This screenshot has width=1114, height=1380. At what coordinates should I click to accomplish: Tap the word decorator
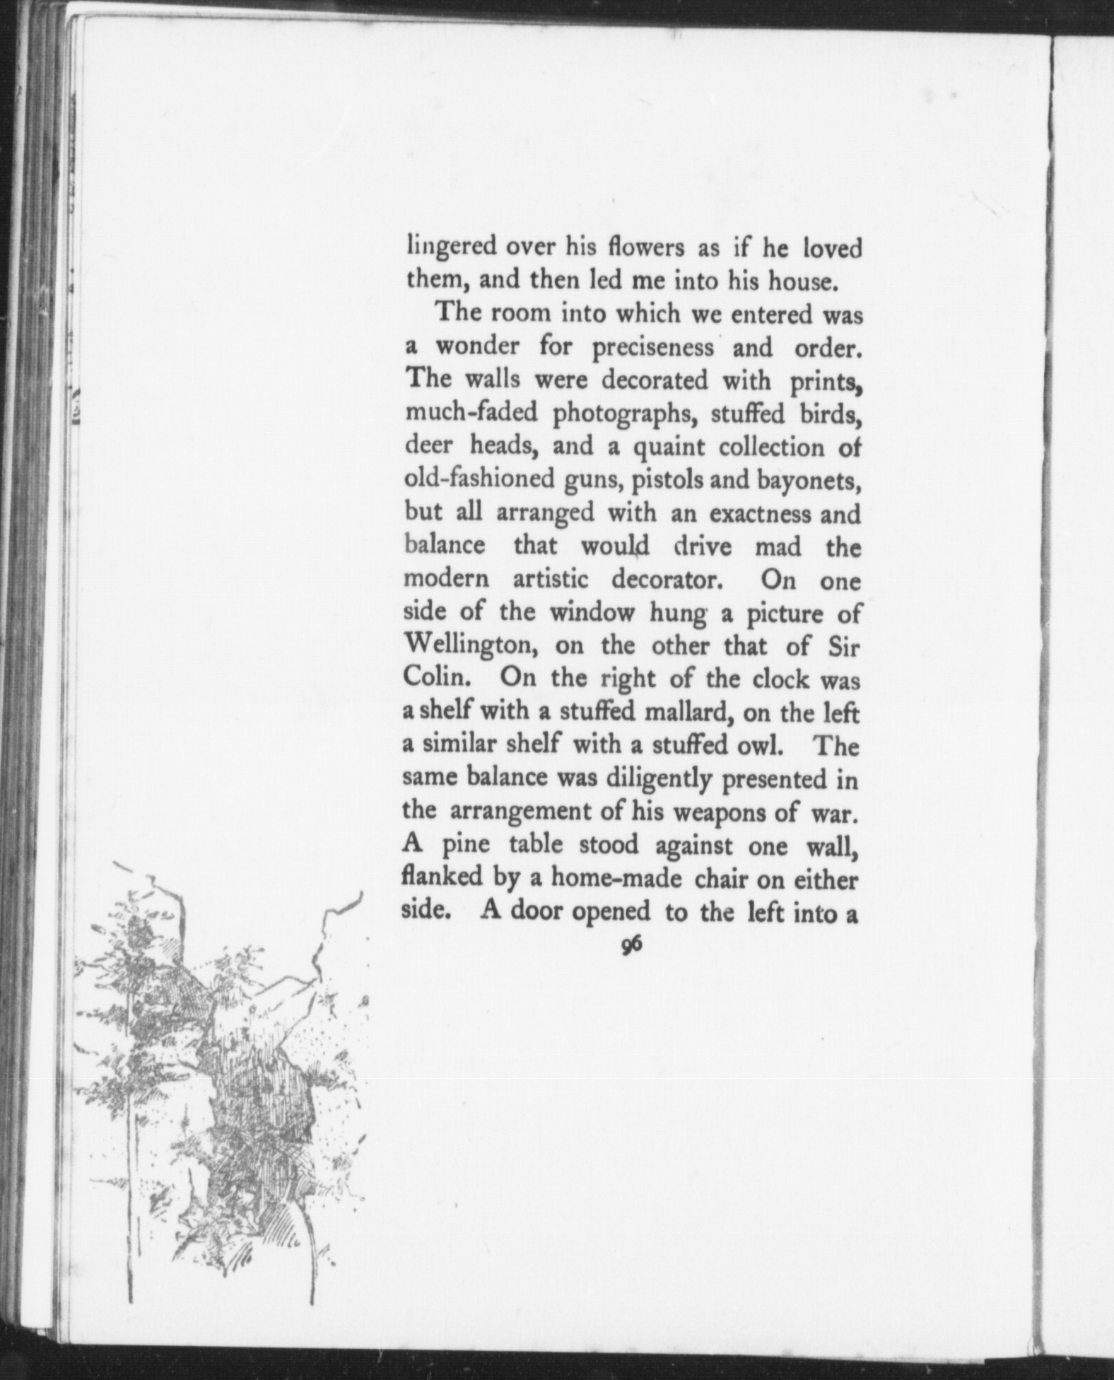(665, 580)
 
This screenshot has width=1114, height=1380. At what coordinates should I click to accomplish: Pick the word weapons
(718, 811)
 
